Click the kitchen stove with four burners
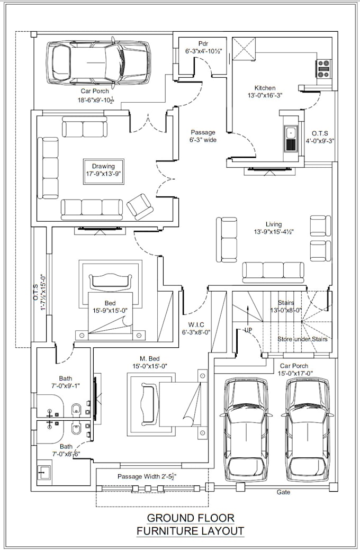coord(323,67)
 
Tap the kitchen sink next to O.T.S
coord(290,139)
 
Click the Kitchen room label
coord(265,88)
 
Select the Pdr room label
coord(203,43)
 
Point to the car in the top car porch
coord(98,62)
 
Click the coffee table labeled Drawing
coord(103,170)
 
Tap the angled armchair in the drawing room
coord(140,206)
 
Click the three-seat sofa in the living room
coord(274,271)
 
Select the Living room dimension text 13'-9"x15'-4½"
coord(274,232)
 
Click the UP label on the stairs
coord(248,329)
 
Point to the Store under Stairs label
coord(302,339)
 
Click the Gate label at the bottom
coord(283,492)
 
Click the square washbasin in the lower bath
coord(44,471)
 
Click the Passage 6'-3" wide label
coord(203,136)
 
